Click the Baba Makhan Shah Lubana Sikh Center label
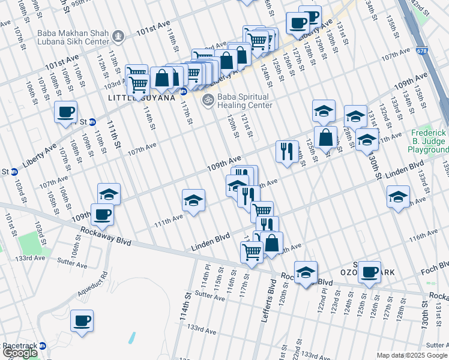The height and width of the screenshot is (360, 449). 73,39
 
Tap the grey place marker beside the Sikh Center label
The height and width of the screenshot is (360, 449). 119,37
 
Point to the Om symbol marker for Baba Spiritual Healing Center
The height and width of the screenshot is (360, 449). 208,99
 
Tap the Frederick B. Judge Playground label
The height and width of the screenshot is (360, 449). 430,140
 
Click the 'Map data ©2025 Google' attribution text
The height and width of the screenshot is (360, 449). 412,355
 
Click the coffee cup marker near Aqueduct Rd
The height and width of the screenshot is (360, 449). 81,320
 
